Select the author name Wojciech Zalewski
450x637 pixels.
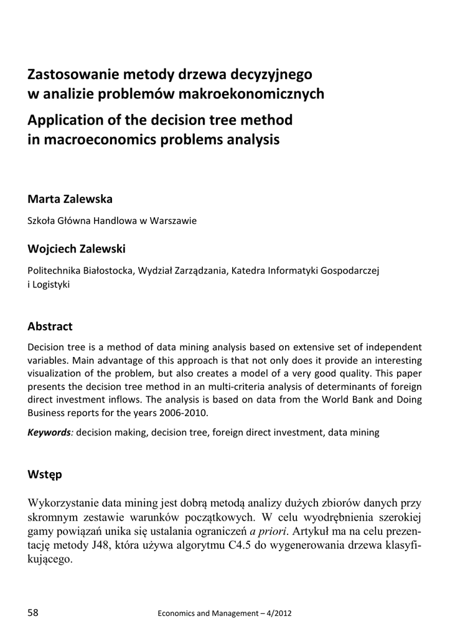(77, 249)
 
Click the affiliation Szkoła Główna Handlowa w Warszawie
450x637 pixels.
(112, 221)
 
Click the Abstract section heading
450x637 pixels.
(50, 326)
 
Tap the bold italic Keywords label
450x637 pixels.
(49, 432)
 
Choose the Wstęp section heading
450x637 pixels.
(45, 475)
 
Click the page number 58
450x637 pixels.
(33, 613)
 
